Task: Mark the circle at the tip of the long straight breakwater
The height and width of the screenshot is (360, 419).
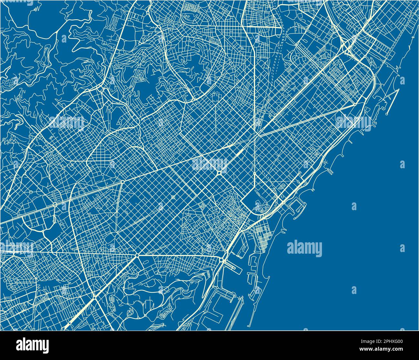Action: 387,114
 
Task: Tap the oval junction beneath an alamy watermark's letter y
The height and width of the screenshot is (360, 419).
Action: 219,173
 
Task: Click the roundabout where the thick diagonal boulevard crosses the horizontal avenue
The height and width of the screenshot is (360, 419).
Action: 137,255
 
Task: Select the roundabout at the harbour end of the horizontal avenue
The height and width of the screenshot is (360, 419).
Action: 222,260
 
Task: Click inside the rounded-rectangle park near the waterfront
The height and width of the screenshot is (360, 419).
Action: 259,200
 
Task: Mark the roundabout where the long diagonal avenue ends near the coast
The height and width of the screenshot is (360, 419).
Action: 355,104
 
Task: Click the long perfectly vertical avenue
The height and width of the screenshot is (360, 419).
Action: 254,97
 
